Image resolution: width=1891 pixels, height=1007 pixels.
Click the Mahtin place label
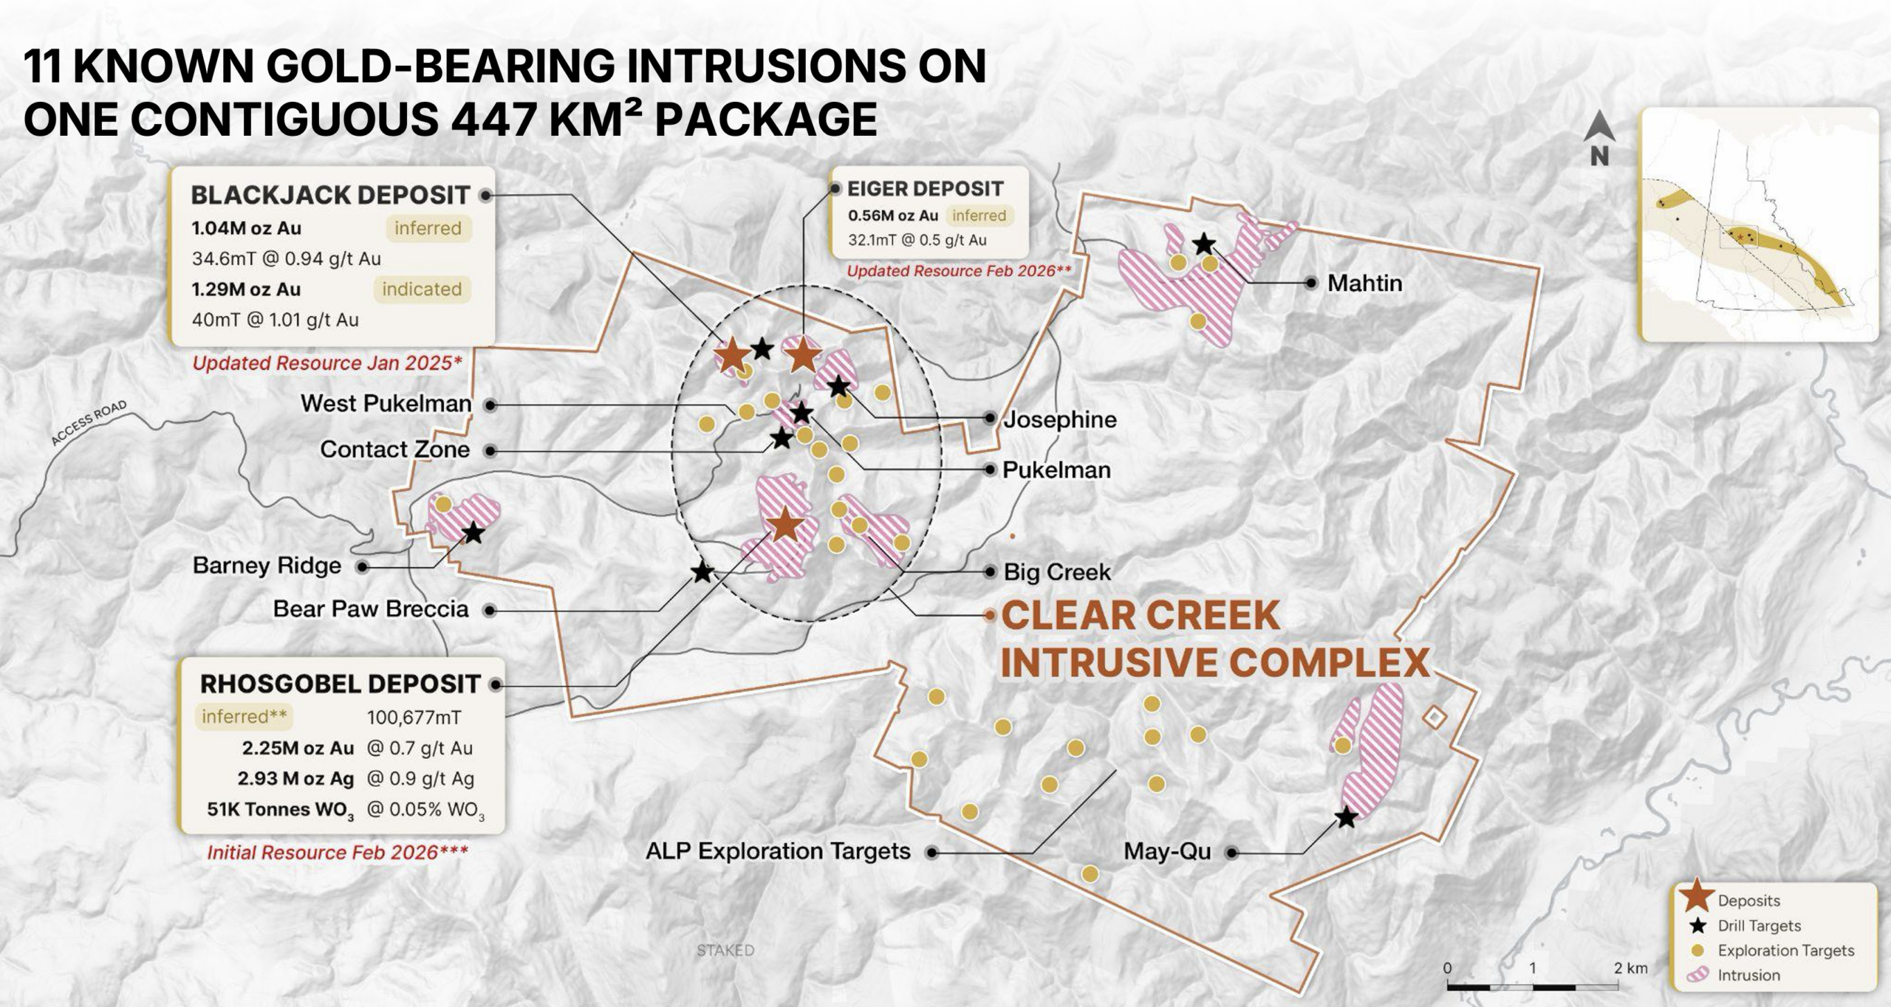(1364, 283)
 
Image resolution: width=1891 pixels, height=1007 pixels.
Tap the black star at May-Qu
(1347, 817)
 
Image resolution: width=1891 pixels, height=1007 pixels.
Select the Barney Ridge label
(267, 566)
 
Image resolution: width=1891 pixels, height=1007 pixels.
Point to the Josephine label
(1059, 419)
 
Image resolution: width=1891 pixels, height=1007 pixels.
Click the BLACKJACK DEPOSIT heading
(330, 195)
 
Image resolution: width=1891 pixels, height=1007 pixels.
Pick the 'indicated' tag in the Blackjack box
(422, 289)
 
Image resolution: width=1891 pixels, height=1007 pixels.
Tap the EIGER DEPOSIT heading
(925, 189)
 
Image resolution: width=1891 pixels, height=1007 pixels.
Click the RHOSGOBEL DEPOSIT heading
(341, 684)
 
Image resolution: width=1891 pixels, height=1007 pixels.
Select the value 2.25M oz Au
(298, 748)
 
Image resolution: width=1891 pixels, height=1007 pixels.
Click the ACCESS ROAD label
(89, 422)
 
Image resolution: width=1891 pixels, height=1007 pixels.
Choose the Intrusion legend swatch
(1698, 975)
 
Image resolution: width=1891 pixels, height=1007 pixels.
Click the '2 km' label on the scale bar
(1630, 968)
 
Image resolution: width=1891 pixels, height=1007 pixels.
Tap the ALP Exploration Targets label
(778, 851)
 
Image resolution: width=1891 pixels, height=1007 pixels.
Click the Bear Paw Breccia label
(371, 609)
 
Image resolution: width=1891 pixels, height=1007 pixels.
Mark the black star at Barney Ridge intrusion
(473, 532)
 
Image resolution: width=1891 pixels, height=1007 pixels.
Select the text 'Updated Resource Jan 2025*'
(327, 363)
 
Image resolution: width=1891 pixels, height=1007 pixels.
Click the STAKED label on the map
(725, 950)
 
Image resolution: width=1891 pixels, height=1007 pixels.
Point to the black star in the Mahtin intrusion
(1204, 244)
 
